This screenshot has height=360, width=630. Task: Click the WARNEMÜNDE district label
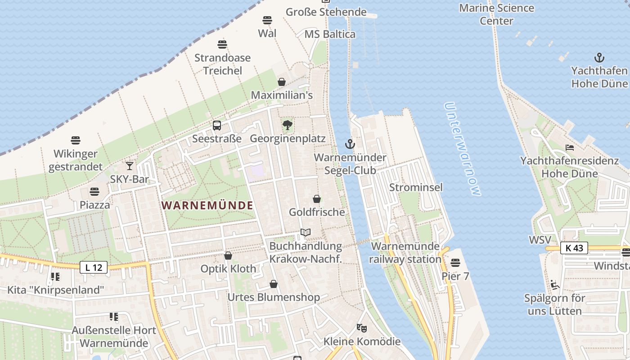207,206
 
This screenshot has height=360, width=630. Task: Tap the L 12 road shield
94,267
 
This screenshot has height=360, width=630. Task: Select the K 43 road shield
574,248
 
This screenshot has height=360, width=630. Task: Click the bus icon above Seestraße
217,125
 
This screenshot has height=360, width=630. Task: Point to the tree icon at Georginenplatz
288,125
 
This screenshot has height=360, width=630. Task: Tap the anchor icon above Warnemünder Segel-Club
350,144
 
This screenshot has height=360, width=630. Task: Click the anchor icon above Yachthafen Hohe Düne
599,58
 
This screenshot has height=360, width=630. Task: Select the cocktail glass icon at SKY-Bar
130,166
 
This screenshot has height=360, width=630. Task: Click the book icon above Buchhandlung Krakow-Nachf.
306,233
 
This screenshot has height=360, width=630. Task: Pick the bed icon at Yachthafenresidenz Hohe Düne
570,148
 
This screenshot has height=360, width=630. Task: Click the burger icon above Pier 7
455,262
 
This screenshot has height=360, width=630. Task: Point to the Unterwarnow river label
462,149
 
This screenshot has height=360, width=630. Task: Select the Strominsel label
416,187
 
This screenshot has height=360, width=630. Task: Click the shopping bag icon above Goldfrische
317,198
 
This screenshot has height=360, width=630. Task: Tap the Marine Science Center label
496,14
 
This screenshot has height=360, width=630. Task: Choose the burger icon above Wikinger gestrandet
76,140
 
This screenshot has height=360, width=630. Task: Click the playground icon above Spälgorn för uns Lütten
554,284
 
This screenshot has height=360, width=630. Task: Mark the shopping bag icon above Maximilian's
282,82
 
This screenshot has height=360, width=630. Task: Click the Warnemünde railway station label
405,253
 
